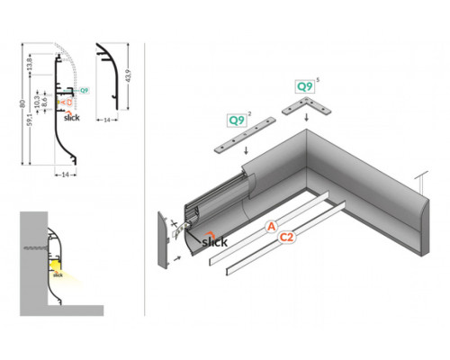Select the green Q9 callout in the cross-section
point(84,91)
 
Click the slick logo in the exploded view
point(213,240)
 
